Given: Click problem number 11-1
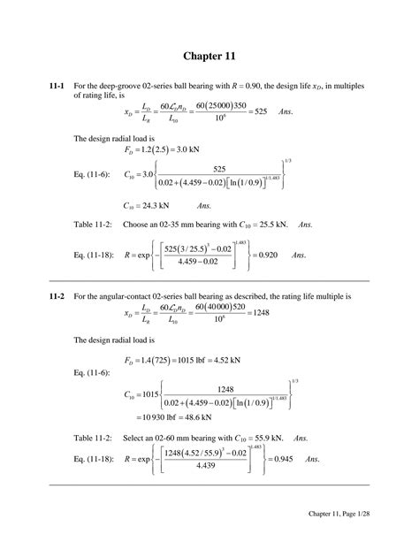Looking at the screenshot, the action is [59, 85].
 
